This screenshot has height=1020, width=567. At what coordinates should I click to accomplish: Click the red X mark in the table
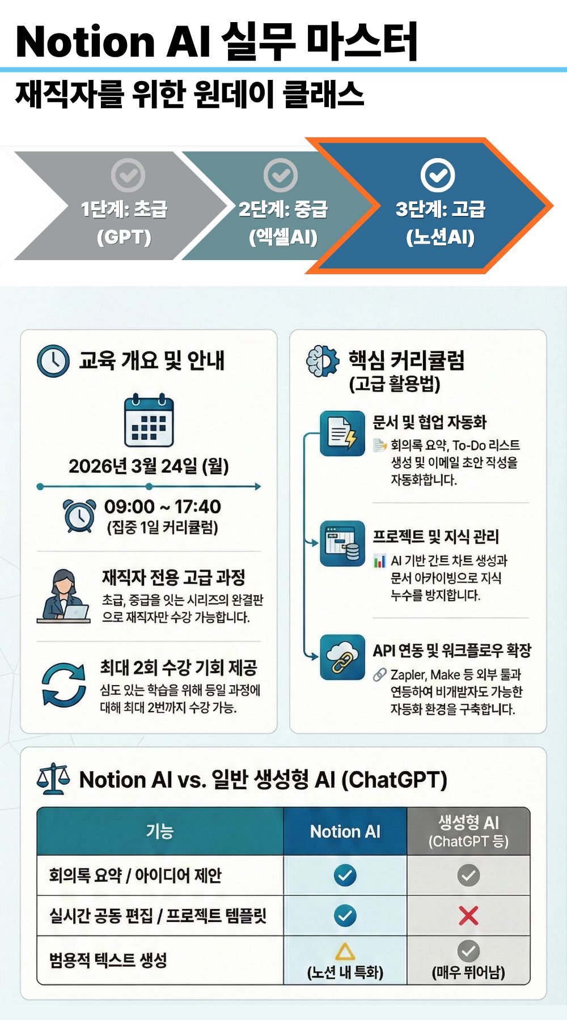coord(468,915)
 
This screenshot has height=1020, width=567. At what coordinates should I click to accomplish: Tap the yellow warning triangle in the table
coord(345,951)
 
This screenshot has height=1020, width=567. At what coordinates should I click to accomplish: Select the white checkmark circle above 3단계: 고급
coord(438,175)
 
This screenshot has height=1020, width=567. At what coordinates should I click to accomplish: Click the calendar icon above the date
coord(149,420)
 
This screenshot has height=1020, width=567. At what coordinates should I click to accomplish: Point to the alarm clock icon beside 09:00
coord(79,516)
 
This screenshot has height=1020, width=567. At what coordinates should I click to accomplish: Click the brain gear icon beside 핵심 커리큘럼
coord(322,361)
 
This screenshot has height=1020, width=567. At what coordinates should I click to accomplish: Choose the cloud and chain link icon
coord(342,657)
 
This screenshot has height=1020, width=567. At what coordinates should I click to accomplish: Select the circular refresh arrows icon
coord(64,685)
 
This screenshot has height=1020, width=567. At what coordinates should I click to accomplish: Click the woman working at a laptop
coord(64,597)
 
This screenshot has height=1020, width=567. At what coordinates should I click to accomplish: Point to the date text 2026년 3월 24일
coord(149,466)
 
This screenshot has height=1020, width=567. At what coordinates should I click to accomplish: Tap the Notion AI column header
coord(345,831)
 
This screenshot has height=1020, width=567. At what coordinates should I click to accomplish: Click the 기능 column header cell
coord(160,831)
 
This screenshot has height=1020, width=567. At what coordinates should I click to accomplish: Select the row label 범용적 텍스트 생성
coord(108,960)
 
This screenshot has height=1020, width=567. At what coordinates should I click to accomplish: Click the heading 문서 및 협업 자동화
coord(430,422)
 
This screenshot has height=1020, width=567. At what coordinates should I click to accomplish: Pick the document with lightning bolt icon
coord(342,433)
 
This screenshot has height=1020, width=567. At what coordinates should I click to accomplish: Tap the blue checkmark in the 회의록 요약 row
coord(345,875)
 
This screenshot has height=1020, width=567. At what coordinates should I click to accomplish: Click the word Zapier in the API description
coord(408,675)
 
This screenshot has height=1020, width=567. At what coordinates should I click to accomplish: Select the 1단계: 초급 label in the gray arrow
coord(124,209)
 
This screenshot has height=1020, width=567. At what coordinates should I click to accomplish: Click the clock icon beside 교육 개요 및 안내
coord(53,361)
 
